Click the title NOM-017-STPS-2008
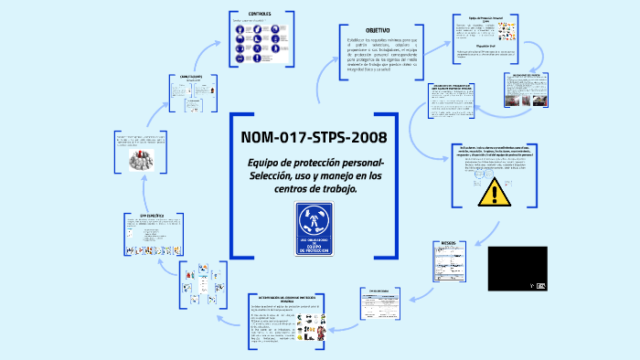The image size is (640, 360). pos(314,138)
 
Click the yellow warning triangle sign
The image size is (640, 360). pos(495,193)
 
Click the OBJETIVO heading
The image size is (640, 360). pos(378,30)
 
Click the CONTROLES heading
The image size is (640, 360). pos(260,14)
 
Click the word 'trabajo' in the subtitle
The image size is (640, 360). pos(336,189)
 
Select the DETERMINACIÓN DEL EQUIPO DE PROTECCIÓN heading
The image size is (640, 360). pos(285,298)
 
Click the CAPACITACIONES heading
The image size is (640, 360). pos(189,77)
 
